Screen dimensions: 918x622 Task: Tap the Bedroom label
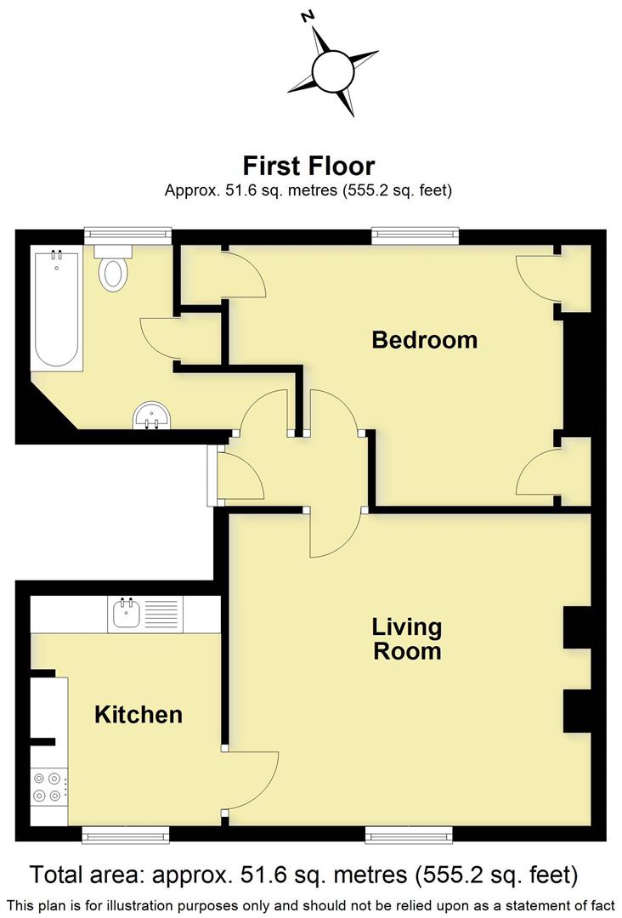click(x=424, y=340)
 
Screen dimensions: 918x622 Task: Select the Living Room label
click(x=407, y=639)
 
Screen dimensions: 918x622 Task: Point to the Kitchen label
click(x=138, y=715)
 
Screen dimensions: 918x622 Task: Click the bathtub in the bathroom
click(x=57, y=308)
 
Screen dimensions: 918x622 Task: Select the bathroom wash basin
click(x=152, y=416)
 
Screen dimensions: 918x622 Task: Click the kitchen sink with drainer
click(x=145, y=614)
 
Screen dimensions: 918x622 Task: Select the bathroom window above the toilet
click(x=127, y=235)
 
